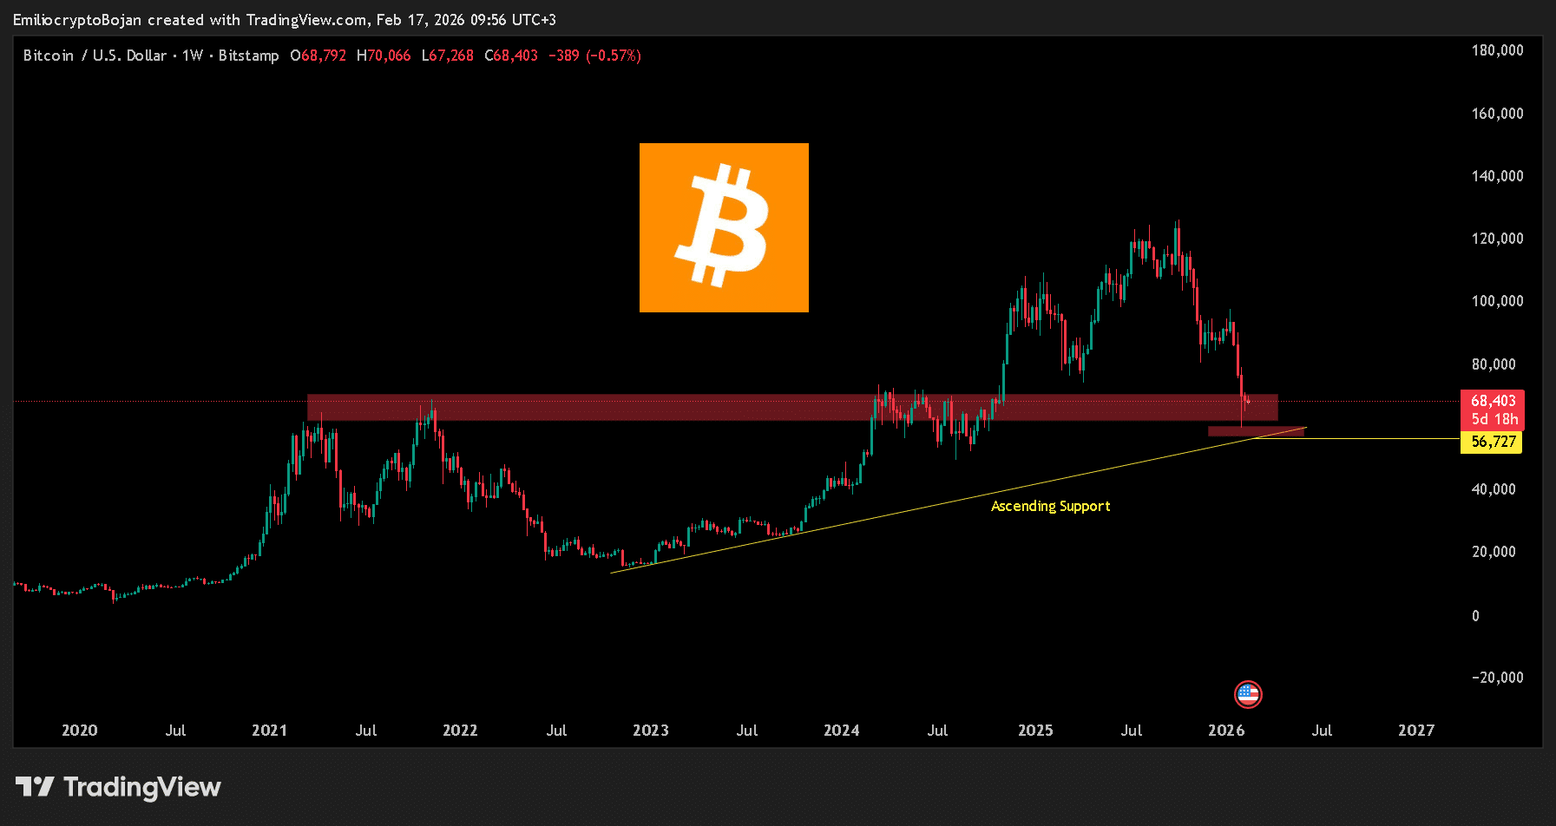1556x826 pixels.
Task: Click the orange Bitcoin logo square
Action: (x=724, y=227)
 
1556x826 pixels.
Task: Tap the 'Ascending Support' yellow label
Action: (x=1050, y=506)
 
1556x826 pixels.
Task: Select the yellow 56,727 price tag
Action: (x=1493, y=442)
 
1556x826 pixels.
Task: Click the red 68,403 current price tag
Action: (x=1493, y=401)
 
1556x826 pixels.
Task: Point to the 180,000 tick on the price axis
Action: (x=1497, y=50)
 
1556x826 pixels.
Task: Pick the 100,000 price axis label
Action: (x=1497, y=301)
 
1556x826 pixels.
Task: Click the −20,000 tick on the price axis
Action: (x=1497, y=678)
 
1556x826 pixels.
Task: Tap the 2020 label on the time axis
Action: (x=79, y=731)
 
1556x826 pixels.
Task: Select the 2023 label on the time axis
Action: (x=650, y=731)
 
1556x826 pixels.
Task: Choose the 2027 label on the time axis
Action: (x=1415, y=731)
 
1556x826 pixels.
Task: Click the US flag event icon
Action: (x=1248, y=694)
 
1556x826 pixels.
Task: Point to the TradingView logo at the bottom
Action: (x=118, y=787)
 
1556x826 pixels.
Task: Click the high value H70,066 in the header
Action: (x=384, y=56)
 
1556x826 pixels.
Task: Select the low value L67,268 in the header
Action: (x=448, y=56)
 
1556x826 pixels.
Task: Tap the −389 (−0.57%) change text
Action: (x=594, y=56)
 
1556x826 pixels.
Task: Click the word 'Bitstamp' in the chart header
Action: (x=248, y=56)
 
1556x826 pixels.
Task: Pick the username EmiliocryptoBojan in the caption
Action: (x=77, y=20)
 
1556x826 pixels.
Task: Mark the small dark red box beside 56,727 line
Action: (x=1256, y=431)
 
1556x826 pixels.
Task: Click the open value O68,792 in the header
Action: (x=318, y=56)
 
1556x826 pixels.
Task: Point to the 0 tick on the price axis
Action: (x=1475, y=616)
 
